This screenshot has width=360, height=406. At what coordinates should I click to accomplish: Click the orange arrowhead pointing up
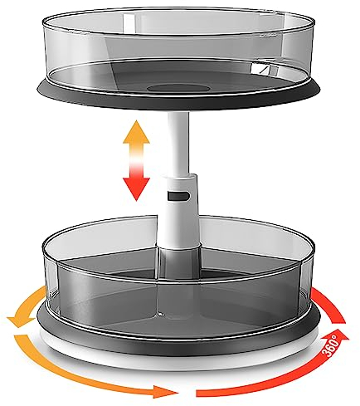pos(134,133)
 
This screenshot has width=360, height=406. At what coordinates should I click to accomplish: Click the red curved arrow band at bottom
pos(249,384)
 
